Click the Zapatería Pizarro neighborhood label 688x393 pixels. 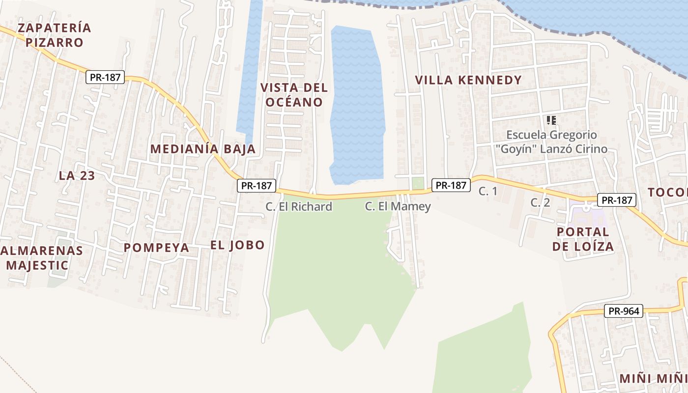coord(54,35)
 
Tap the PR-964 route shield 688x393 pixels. coord(624,311)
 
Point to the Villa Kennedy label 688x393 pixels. coord(468,80)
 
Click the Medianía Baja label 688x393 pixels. coord(202,149)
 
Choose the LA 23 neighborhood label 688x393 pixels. coord(77,175)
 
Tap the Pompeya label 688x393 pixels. coord(156,248)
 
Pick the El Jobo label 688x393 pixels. coord(237,245)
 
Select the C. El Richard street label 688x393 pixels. coord(299,207)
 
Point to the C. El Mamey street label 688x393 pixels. coord(398,207)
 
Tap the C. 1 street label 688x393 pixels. coord(488,191)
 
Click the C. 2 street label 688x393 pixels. coord(540,202)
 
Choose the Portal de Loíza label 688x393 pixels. coord(583,239)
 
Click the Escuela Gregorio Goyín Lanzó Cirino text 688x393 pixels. coord(557,142)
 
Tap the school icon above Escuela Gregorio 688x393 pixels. coord(551,120)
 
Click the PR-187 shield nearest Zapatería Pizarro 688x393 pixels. coord(105,77)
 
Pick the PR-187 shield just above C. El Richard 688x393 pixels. coord(257,186)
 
